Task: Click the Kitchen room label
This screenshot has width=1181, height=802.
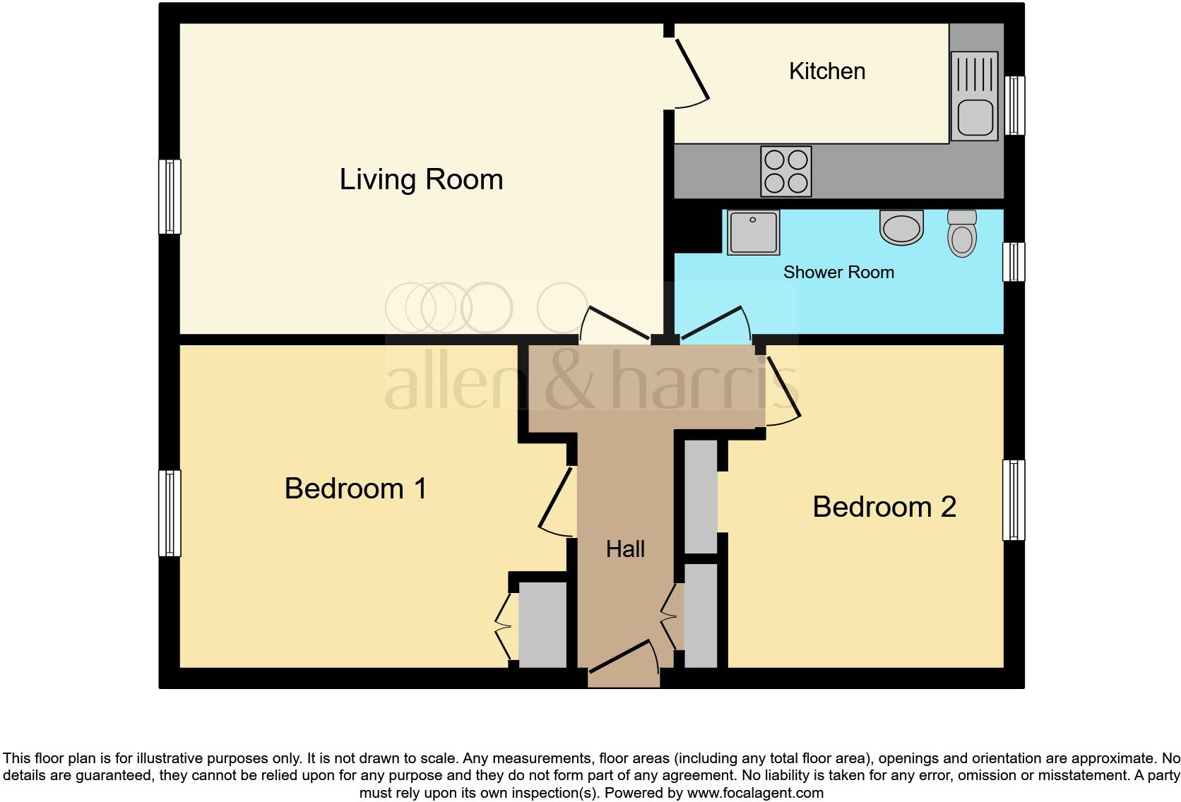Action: coord(826,71)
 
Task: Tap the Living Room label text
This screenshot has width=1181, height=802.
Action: coord(421,179)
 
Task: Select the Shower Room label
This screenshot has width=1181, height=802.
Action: coord(838,273)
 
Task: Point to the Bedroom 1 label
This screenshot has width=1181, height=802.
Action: coord(355,489)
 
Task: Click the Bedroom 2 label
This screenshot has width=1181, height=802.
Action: coord(884,507)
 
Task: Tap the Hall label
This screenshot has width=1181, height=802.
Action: coord(625,549)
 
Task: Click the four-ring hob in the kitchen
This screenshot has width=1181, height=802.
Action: coord(785,172)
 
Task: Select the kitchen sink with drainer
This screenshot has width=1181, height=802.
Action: coord(975,95)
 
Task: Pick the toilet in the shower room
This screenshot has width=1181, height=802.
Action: coord(961,234)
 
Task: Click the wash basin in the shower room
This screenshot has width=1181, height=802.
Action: coord(901,227)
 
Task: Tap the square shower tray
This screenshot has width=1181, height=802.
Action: coord(754,232)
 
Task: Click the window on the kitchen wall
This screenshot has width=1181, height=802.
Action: coord(1014,105)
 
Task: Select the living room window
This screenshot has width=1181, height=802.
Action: coord(170,197)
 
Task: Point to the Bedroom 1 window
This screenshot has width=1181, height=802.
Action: coord(170,513)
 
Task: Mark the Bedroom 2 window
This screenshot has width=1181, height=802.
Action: coord(1014,500)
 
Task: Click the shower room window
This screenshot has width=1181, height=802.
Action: coord(1014,262)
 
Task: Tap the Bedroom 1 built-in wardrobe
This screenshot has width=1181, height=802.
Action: coord(542,625)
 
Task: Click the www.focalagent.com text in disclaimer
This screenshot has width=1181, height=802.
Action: coord(755,793)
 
